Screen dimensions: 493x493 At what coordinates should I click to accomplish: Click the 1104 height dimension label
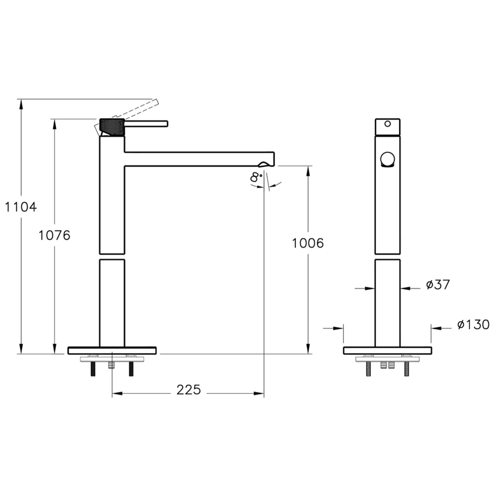click(21, 207)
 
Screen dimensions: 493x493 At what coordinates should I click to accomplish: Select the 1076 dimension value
click(54, 235)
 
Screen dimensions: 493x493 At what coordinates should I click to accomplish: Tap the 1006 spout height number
click(308, 243)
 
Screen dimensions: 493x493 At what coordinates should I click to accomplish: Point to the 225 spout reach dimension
click(189, 390)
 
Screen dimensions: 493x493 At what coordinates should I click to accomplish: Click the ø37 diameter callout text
click(438, 284)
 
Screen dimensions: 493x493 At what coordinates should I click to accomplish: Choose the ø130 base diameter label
click(473, 324)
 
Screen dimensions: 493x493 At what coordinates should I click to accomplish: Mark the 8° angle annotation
click(256, 177)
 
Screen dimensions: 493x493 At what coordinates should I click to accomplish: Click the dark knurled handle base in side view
click(112, 127)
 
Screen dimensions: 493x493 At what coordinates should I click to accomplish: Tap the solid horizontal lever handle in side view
click(146, 124)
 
